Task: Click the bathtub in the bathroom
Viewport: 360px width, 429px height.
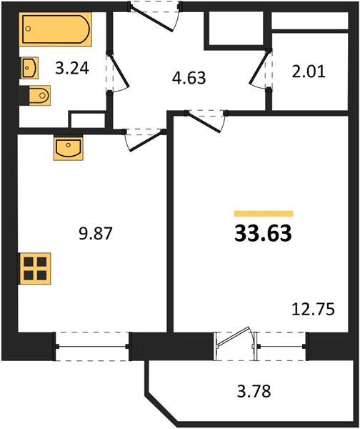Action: pos(55,29)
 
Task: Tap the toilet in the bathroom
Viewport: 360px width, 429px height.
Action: pos(35,96)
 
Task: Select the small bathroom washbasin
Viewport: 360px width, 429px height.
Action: pos(29,68)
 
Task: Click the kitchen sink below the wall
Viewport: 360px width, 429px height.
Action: pos(69,148)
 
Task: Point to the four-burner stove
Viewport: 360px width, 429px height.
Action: pos(35,268)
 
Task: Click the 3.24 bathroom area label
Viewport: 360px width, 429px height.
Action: pos(72,68)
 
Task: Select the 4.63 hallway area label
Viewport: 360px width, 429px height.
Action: pos(189,78)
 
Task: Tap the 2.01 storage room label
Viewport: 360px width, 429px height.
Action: pos(309,71)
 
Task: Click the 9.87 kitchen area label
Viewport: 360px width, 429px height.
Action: pos(96,234)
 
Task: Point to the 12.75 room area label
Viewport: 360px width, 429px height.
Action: pos(314,310)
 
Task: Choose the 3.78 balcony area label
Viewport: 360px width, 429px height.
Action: pos(254,391)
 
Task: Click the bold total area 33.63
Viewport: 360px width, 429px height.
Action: pos(264,234)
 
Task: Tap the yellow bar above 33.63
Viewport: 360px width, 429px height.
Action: pos(264,214)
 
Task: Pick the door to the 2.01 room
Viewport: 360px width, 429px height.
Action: pos(261,69)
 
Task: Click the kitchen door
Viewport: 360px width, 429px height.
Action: pos(145,140)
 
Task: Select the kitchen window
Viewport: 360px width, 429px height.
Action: pos(92,346)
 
